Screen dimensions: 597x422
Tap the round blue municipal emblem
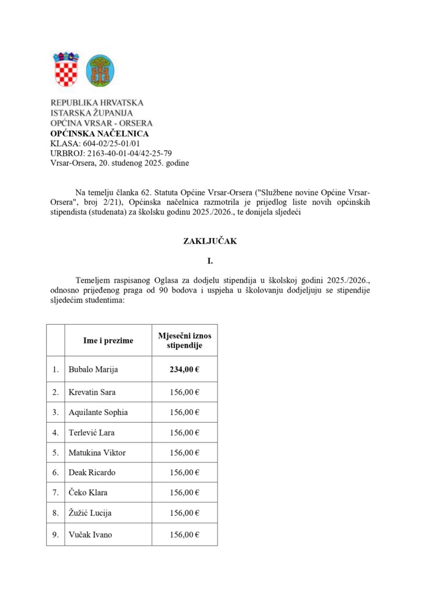point(100,71)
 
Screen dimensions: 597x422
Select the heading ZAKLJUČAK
point(210,241)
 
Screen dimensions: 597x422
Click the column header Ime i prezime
point(108,340)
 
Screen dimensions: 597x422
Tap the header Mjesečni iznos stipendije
point(185,340)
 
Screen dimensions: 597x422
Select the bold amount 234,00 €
point(185,369)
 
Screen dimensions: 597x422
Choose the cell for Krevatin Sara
point(93,392)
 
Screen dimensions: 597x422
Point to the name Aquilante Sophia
point(98,412)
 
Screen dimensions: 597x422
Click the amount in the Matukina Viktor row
point(185,452)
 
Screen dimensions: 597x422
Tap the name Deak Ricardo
point(93,472)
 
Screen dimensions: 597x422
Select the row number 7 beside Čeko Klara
point(55,493)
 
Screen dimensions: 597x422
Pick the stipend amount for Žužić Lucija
point(185,513)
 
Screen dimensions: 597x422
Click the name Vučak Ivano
point(90,534)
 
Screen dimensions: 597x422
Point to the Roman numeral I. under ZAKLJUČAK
point(210,261)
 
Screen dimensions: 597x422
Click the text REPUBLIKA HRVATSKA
point(97,103)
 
